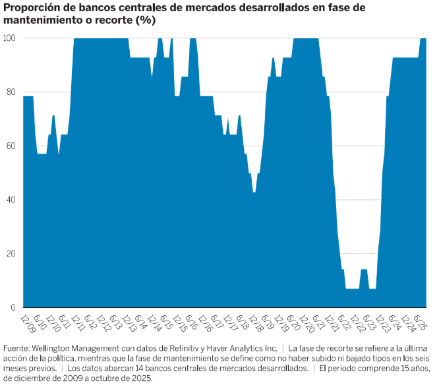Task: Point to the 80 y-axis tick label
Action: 11,92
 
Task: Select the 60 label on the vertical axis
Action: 11,146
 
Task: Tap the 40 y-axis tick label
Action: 11,200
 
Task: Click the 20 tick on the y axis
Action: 11,254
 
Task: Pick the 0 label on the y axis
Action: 13,308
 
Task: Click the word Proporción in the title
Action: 31,8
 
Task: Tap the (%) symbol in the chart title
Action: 145,20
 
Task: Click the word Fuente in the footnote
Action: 17,348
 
